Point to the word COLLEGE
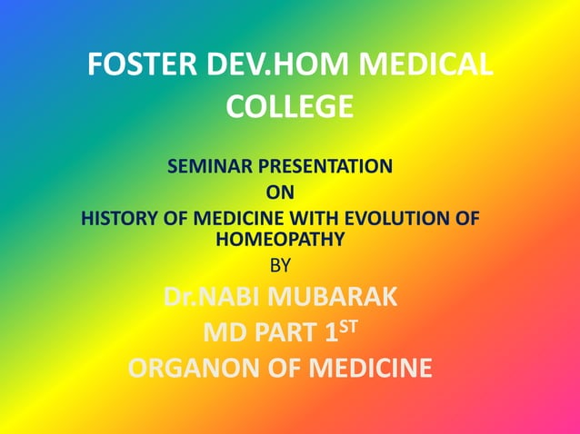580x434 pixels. click(x=289, y=107)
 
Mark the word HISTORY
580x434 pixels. click(x=118, y=219)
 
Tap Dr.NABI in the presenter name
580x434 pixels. click(x=212, y=298)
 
